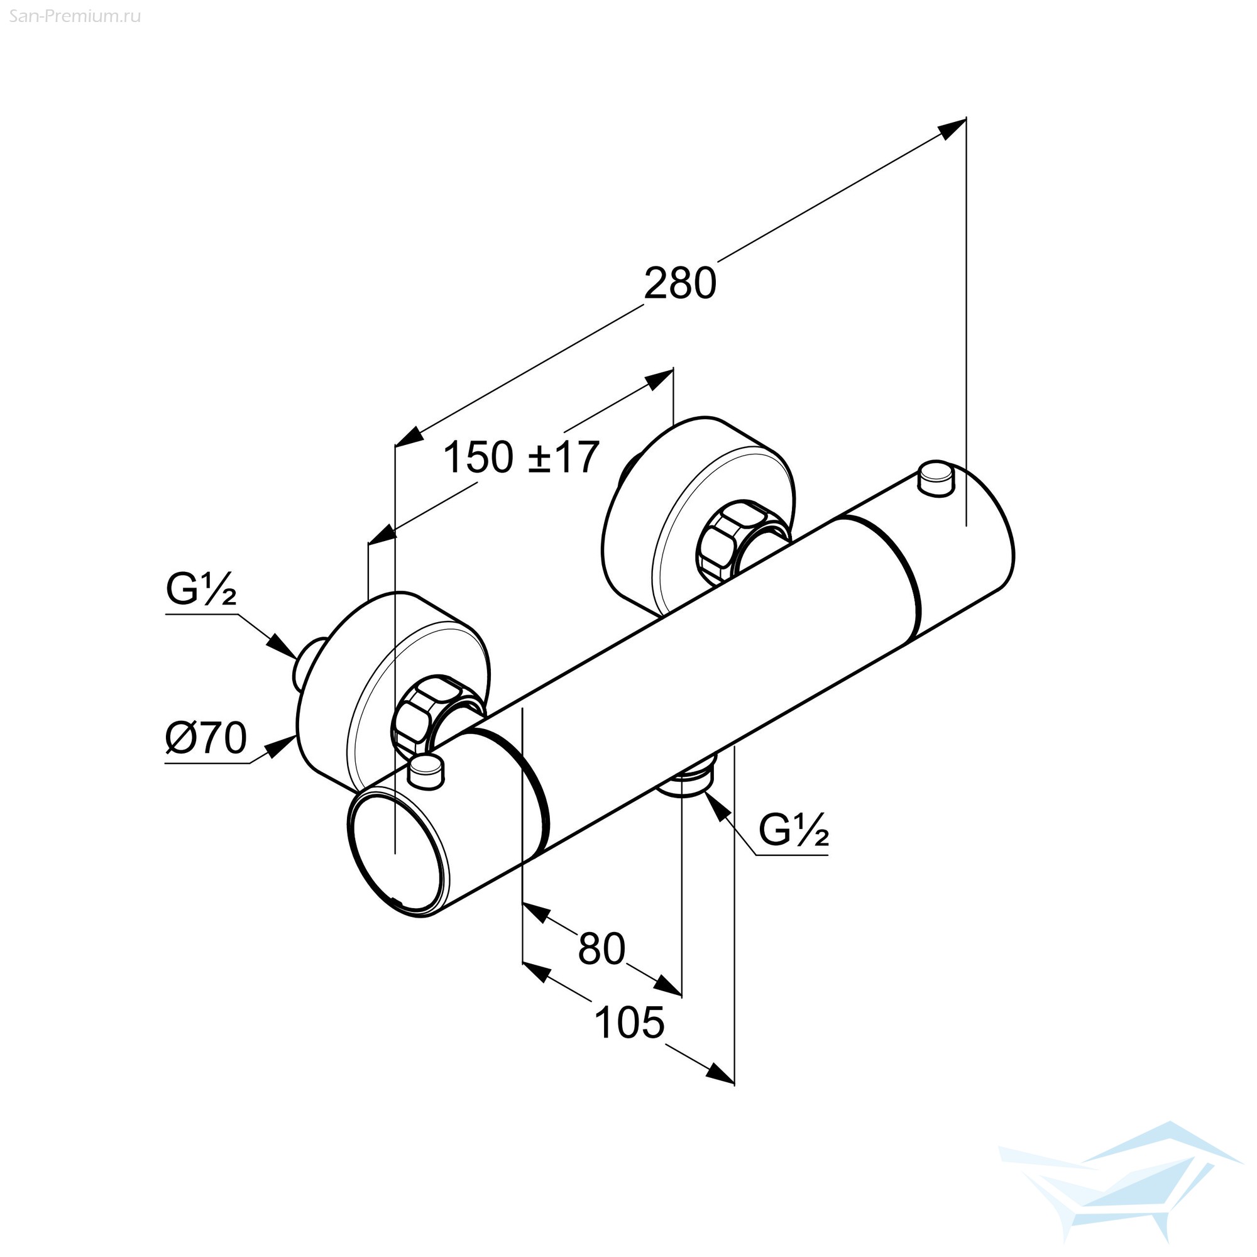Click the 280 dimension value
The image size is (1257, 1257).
[x=679, y=283]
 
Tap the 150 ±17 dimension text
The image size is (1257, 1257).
[x=520, y=457]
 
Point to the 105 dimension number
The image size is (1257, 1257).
[x=629, y=1022]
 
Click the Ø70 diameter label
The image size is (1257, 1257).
[x=206, y=738]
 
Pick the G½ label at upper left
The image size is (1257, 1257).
[x=200, y=590]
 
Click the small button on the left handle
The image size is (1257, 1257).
[x=425, y=773]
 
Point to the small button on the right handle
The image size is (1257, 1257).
[x=936, y=479]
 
